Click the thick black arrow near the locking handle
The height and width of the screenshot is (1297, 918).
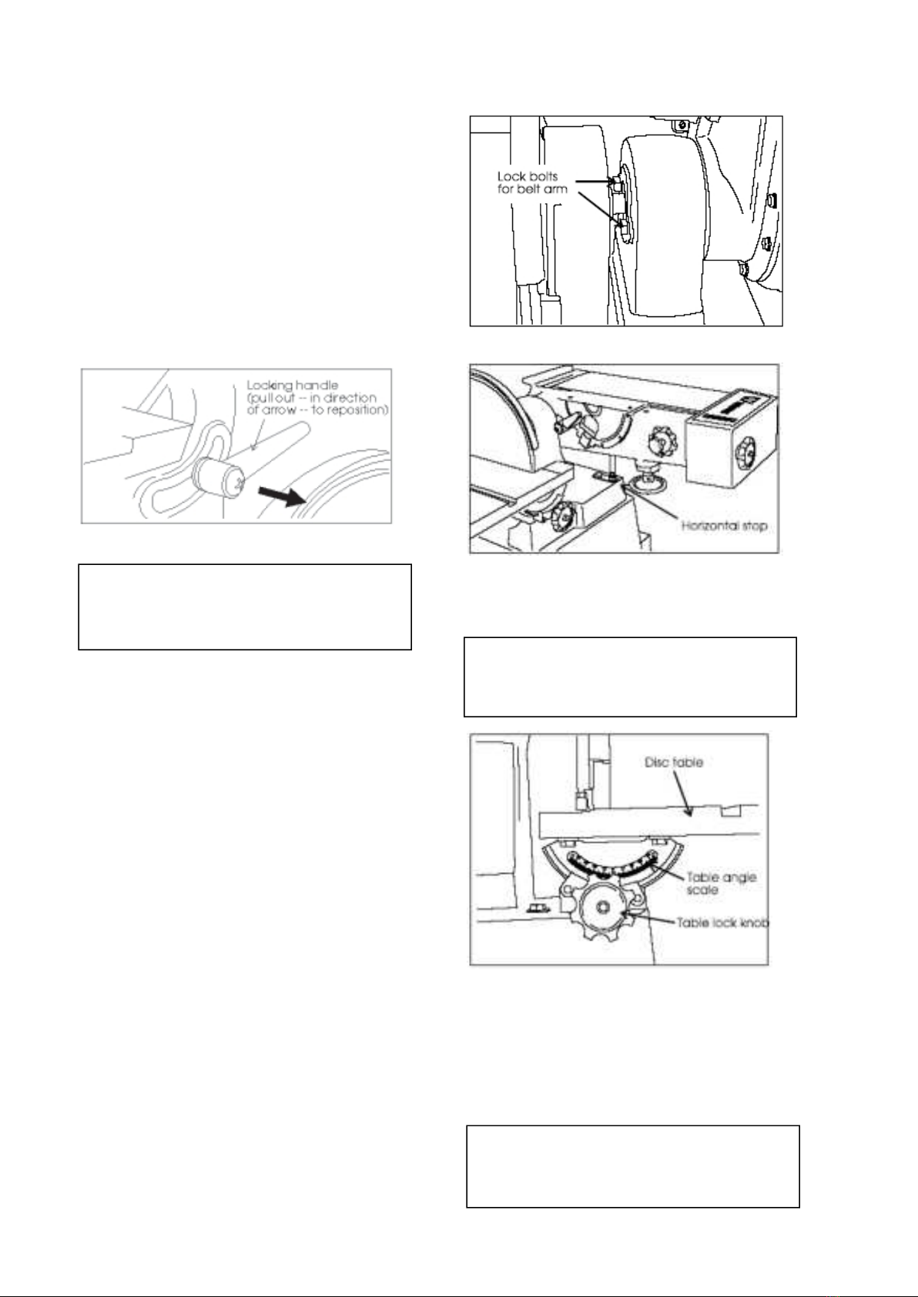pos(281,496)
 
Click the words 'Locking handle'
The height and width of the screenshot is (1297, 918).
pos(293,386)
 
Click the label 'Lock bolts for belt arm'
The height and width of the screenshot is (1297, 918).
pos(531,182)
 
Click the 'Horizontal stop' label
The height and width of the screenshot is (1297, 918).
pos(724,526)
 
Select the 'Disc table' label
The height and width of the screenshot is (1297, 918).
pos(674,763)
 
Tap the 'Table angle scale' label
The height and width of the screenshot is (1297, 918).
pos(721,883)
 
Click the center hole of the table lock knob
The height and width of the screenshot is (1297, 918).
pos(604,907)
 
